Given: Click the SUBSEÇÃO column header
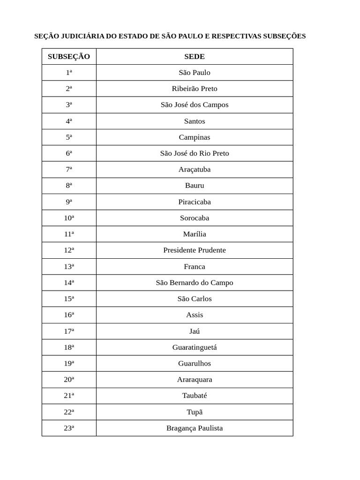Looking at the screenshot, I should pyautogui.click(x=69, y=56).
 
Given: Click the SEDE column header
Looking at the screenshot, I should pyautogui.click(x=195, y=56).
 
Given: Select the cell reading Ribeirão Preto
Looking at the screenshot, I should pyautogui.click(x=195, y=89).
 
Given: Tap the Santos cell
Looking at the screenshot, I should pyautogui.click(x=195, y=121).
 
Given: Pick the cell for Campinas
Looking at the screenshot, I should pyautogui.click(x=195, y=137).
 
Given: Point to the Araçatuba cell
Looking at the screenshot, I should pyautogui.click(x=195, y=169).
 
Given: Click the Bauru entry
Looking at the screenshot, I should pyautogui.click(x=195, y=185).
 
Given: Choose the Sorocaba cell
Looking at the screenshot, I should pyautogui.click(x=195, y=217).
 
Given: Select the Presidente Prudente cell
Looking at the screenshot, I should pyautogui.click(x=195, y=250).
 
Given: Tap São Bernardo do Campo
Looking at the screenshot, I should pyautogui.click(x=195, y=282).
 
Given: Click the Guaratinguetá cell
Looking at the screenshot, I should pyautogui.click(x=195, y=347).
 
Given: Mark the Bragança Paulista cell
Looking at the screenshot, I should pyautogui.click(x=195, y=428).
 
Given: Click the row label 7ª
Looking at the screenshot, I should pyautogui.click(x=69, y=169).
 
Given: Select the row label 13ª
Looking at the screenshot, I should pyautogui.click(x=69, y=266).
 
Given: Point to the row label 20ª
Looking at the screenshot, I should pyautogui.click(x=69, y=379).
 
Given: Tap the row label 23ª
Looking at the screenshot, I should pyautogui.click(x=69, y=428).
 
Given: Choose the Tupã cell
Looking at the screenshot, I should pyautogui.click(x=195, y=412).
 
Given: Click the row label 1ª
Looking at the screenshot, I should pyautogui.click(x=69, y=72).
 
